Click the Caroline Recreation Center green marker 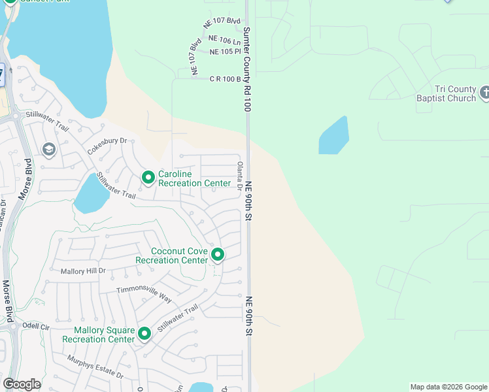point(148,177)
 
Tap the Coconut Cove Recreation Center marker point(217,255)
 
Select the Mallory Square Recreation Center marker point(144,334)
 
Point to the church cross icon point(484,92)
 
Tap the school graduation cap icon point(48,150)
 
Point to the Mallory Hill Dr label point(83,270)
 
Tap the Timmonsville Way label point(144,294)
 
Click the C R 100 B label point(225,79)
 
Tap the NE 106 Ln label point(224,41)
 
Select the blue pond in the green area point(333,136)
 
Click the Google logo point(22,384)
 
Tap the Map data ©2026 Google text point(448,387)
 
